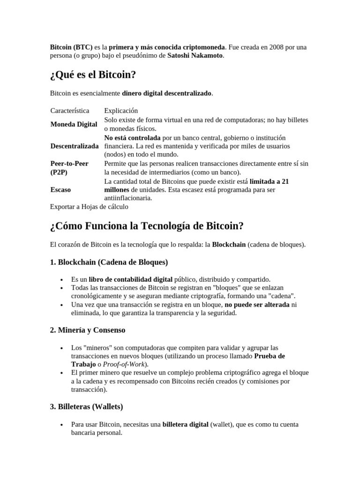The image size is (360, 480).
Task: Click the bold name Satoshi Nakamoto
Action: tap(195, 56)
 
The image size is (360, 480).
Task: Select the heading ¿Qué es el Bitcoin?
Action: tap(93, 75)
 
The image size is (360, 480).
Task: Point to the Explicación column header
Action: tap(121, 111)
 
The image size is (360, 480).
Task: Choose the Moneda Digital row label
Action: tap(74, 124)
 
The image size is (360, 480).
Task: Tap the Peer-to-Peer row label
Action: tap(69, 164)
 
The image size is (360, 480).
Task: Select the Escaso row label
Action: tap(60, 190)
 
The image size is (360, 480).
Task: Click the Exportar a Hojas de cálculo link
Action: tap(89, 206)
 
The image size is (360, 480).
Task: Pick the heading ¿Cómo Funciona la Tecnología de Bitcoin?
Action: tap(147, 226)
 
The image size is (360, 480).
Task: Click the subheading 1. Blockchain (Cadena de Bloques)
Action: tap(109, 262)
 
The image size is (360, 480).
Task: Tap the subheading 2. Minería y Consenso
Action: tap(88, 330)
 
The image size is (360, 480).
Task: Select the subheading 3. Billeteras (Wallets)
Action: tap(86, 406)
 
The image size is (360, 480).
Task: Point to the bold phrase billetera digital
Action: tap(185, 425)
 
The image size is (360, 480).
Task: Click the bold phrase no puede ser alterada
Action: tap(257, 305)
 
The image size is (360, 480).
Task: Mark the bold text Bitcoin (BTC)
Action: tap(71, 47)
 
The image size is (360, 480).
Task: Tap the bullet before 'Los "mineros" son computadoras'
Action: tap(62, 348)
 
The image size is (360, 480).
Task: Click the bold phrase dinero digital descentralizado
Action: tap(167, 93)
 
